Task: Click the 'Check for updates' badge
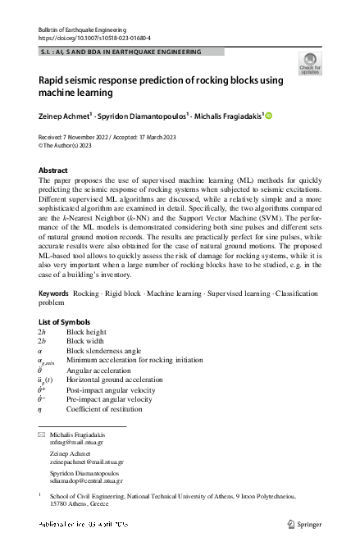311,63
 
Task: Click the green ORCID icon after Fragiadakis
267,116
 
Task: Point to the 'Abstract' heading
53,171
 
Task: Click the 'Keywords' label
53,293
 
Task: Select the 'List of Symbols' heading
65,321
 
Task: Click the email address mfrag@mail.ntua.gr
72,441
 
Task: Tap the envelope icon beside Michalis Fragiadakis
42,433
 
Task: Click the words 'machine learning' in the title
84,94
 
